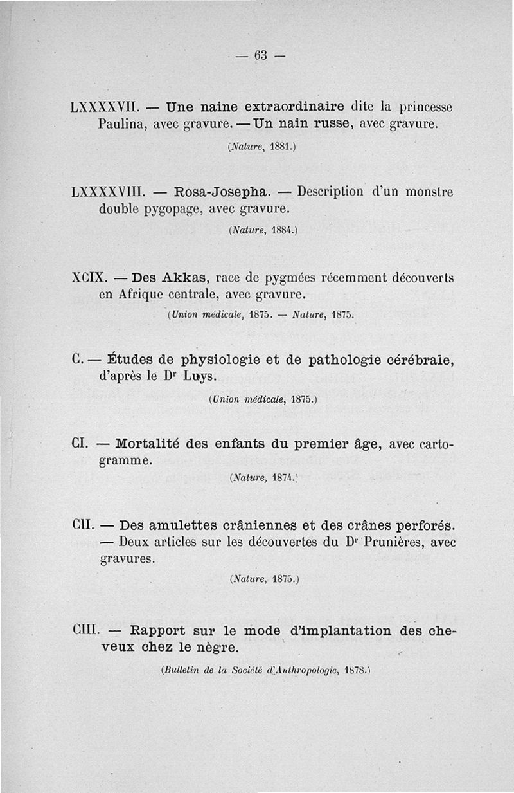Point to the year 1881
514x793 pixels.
click(x=279, y=147)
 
